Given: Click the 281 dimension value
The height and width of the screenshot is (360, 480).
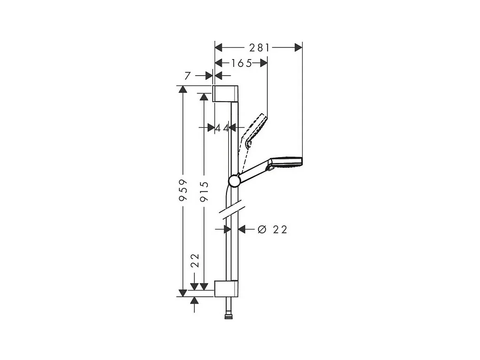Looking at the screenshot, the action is [259, 48].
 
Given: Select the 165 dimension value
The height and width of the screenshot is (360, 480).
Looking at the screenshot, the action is [241, 63].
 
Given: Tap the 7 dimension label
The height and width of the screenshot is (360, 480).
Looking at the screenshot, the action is [188, 75].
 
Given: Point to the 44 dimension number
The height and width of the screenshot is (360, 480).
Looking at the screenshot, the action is [222, 127].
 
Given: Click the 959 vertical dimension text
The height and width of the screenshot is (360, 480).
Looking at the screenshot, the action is [183, 190].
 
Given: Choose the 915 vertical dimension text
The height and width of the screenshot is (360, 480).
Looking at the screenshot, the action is [204, 191].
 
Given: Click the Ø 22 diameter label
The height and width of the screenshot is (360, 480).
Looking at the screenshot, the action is [273, 229].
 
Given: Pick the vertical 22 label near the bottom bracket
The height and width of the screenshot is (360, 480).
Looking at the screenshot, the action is [195, 260].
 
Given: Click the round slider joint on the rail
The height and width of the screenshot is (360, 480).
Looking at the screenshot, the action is [234, 180].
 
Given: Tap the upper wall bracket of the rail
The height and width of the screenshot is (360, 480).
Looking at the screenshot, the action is [225, 93].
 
